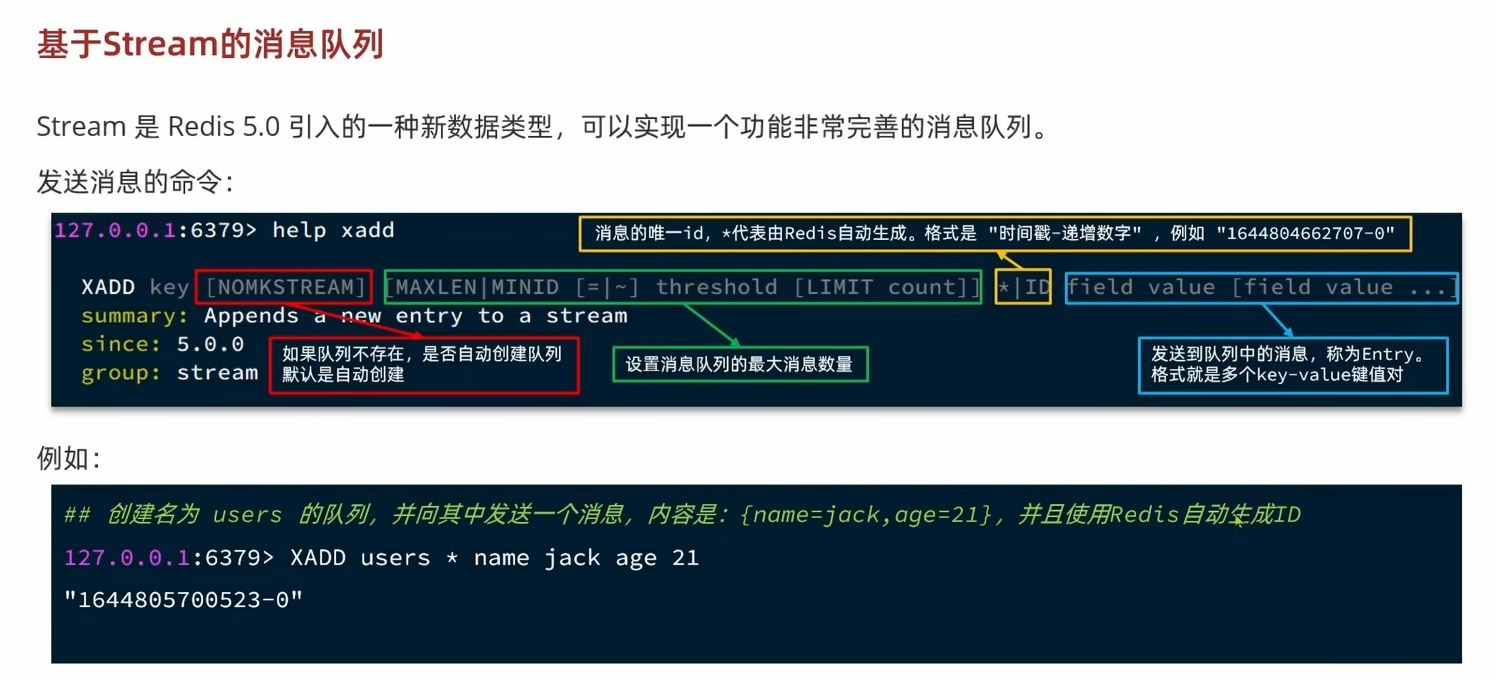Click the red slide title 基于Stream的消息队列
[210, 44]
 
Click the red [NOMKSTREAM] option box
[284, 287]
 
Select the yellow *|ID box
[1023, 287]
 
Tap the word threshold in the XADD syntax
[716, 287]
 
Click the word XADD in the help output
[108, 287]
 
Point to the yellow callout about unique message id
[994, 234]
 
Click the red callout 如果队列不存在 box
[423, 365]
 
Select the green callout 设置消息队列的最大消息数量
[740, 364]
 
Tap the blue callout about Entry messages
[1292, 365]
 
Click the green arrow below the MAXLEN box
[712, 325]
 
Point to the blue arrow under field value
[1277, 320]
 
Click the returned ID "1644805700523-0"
[184, 600]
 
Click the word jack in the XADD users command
[572, 558]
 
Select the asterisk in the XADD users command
[452, 558]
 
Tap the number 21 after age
[685, 558]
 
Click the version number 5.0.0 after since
[210, 344]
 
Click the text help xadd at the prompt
[333, 230]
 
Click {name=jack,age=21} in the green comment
[866, 515]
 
